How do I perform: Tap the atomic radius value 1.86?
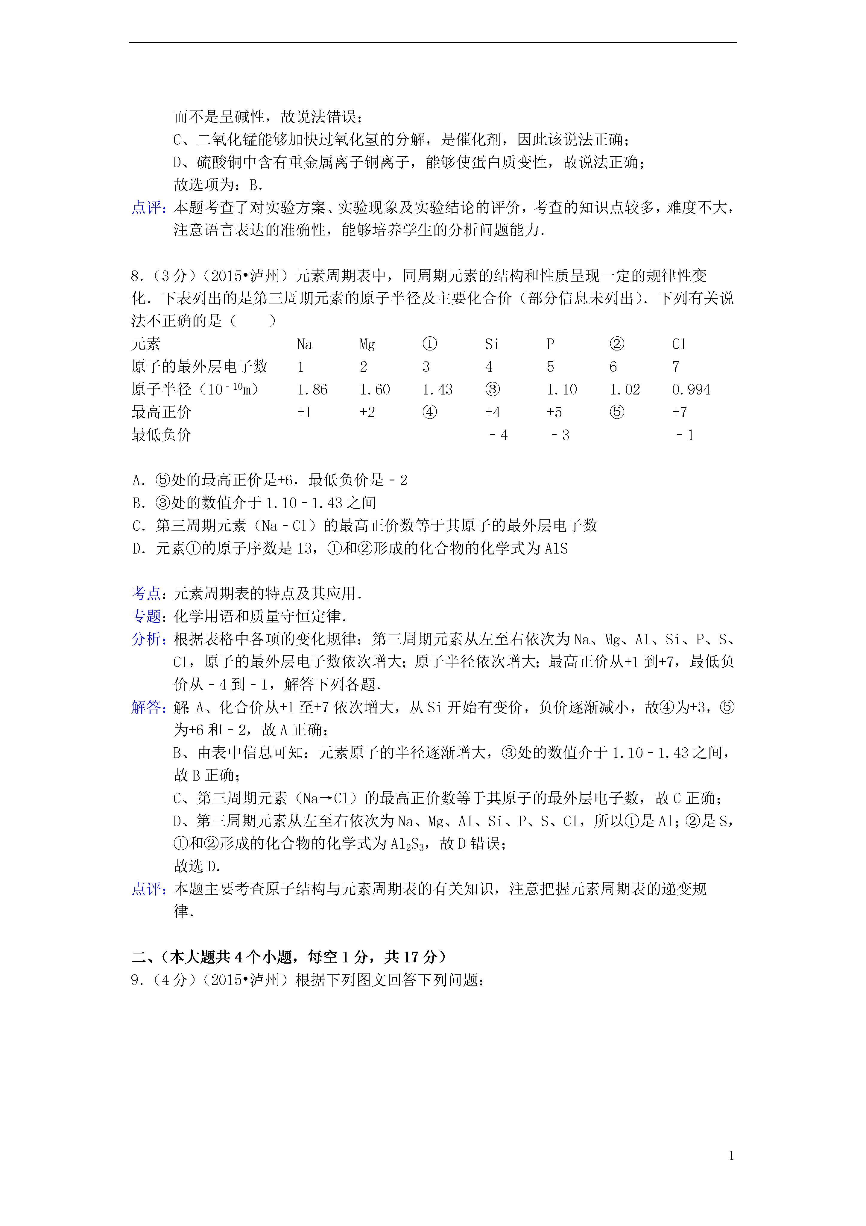coord(312,390)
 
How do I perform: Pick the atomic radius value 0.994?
coord(691,390)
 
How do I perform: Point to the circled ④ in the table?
coord(429,412)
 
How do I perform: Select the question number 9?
coord(136,980)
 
